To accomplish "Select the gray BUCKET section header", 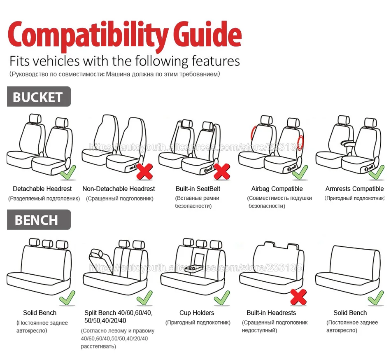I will [x=38, y=97].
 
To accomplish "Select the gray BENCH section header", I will [x=38, y=220].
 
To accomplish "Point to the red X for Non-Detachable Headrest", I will [x=144, y=171].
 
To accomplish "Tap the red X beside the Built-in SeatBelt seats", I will [x=222, y=171].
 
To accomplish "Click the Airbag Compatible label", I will [x=277, y=189].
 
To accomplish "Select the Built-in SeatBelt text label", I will [x=198, y=189].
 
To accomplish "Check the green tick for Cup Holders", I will [x=222, y=297].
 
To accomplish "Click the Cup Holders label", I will [x=197, y=313].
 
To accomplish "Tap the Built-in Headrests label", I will [x=271, y=313].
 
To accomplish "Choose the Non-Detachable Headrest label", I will [x=119, y=189].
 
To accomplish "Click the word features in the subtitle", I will [x=215, y=61].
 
